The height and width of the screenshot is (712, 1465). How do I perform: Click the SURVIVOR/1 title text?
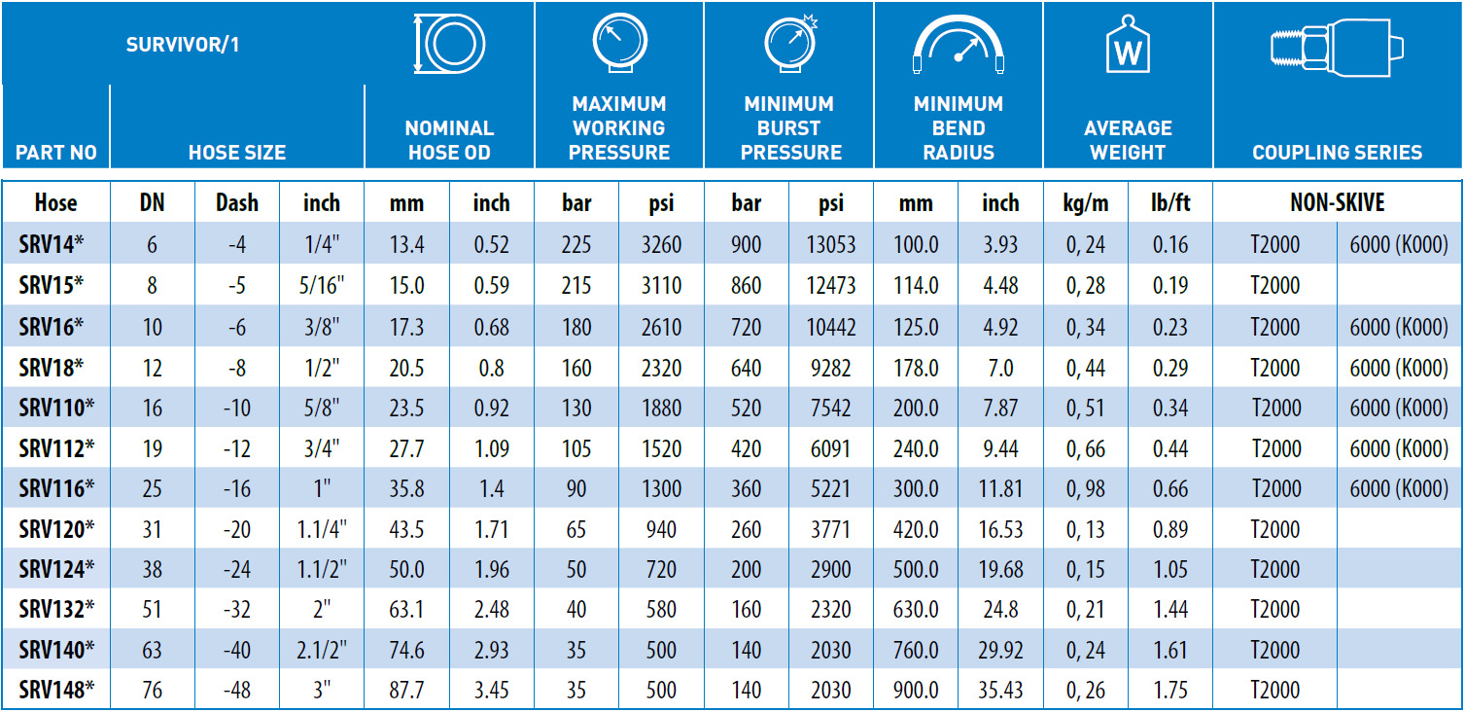tap(183, 45)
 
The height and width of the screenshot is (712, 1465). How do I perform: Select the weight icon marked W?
tap(1128, 45)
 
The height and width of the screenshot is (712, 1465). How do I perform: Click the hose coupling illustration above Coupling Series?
tap(1337, 47)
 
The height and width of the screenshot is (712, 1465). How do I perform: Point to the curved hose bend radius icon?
tap(959, 26)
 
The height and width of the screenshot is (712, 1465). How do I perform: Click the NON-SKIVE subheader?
tap(1337, 203)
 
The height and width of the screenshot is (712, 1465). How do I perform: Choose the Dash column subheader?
tap(237, 203)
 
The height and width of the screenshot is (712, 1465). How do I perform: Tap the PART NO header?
tap(56, 153)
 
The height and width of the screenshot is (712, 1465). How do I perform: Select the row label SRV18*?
tap(51, 368)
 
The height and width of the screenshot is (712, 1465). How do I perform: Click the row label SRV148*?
tap(56, 690)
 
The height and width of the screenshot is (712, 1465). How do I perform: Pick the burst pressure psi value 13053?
tap(830, 245)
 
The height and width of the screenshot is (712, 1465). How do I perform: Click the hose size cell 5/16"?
tap(321, 286)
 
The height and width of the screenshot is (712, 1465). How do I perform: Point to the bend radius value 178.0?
tap(916, 369)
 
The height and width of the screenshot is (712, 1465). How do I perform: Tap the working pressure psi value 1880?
tap(661, 409)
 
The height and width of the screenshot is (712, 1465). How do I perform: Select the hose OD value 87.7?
tap(406, 691)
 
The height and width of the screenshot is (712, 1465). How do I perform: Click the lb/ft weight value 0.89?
tap(1170, 529)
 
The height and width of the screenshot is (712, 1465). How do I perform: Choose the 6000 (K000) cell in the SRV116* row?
tap(1399, 489)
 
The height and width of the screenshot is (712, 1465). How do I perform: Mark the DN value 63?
tap(152, 651)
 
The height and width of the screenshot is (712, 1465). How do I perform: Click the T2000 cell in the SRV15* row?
tap(1274, 286)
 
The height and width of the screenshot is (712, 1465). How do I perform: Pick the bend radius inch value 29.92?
tap(1000, 651)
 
